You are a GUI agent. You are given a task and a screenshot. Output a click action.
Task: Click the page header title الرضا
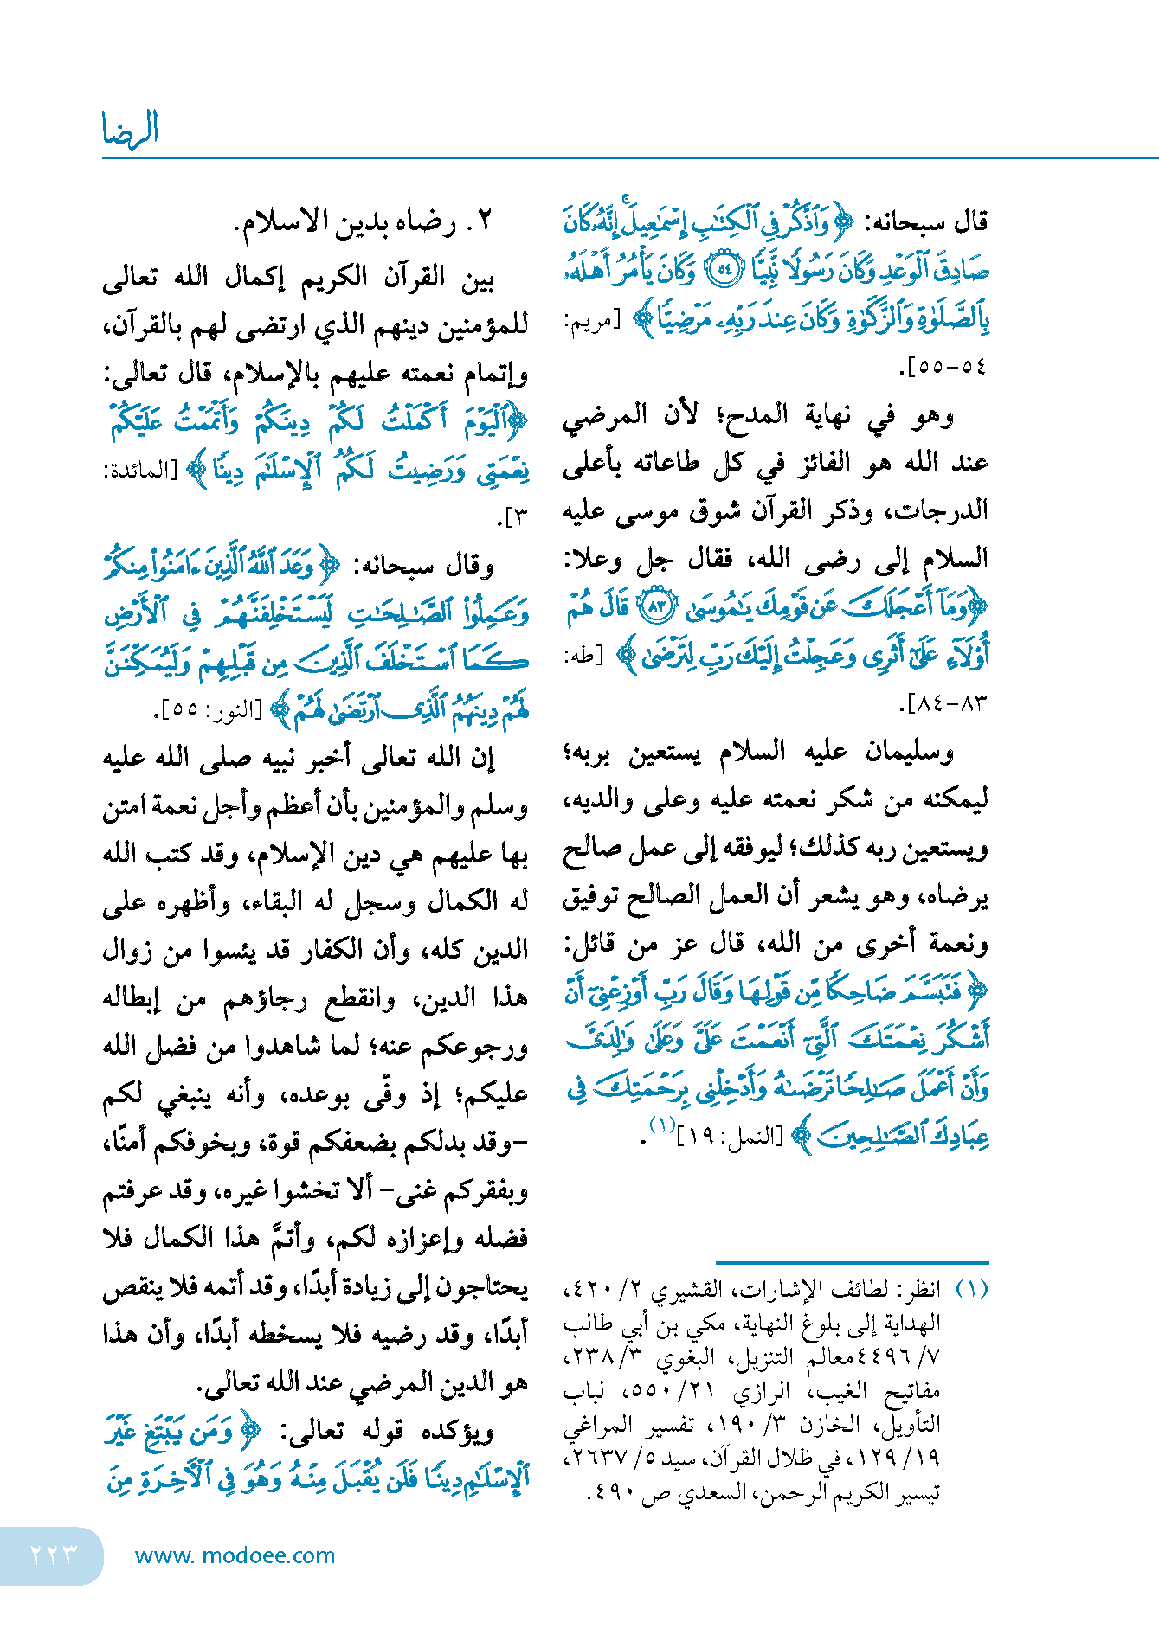click(130, 130)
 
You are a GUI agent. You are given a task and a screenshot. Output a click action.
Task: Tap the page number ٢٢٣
click(53, 1555)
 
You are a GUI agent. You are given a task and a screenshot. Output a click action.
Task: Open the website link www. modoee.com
click(235, 1555)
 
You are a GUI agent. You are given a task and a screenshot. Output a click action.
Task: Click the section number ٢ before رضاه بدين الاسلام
click(484, 222)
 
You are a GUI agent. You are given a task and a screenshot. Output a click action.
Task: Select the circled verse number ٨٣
click(655, 606)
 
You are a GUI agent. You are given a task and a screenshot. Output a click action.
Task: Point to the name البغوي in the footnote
click(685, 1358)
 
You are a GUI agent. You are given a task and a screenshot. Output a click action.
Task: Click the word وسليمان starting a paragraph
click(911, 751)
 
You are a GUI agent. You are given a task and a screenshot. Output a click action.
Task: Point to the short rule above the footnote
click(852, 1263)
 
